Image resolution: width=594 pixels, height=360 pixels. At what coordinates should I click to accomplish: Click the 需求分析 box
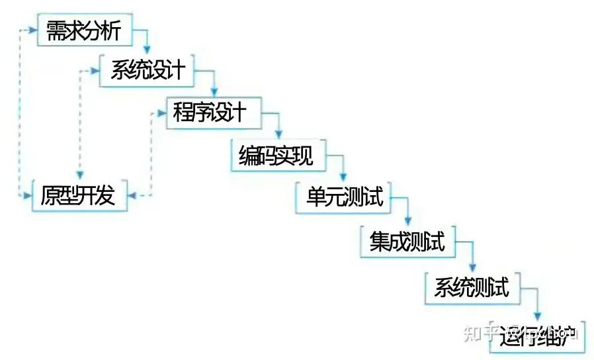(83, 30)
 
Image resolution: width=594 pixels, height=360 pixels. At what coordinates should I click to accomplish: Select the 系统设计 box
(146, 71)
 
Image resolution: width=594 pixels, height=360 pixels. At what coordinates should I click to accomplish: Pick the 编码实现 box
(276, 156)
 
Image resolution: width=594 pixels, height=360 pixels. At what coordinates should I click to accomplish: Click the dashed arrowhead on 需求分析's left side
(32, 30)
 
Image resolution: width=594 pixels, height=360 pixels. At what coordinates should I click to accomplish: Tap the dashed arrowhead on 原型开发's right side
(132, 196)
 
